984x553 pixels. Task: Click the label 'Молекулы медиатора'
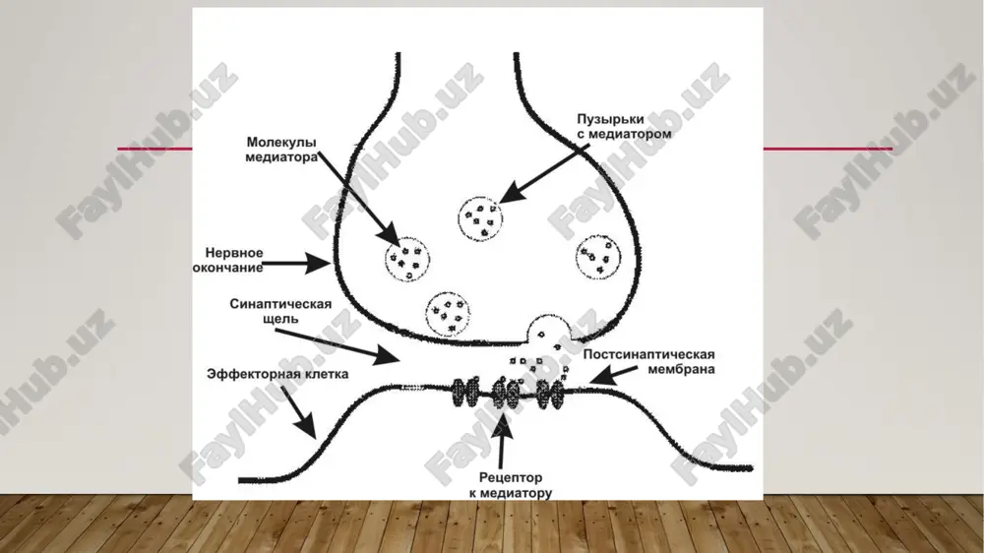point(281,150)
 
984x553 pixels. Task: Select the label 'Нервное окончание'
point(228,260)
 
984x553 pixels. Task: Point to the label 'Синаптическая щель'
point(280,311)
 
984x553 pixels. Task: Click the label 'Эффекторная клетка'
point(277,374)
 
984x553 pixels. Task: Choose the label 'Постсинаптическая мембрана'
point(648,361)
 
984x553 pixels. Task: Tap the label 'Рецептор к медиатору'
point(510,484)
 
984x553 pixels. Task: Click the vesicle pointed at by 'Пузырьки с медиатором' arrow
point(480,218)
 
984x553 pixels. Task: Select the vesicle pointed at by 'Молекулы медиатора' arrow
point(407,259)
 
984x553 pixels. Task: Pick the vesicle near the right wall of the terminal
point(598,257)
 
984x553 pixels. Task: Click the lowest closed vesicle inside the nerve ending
point(448,314)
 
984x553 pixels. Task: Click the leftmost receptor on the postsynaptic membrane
point(464,393)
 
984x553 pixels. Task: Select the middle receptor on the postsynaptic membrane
point(507,393)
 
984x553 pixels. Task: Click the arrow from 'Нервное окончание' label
point(296,263)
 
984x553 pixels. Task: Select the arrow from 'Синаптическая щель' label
point(337,346)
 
